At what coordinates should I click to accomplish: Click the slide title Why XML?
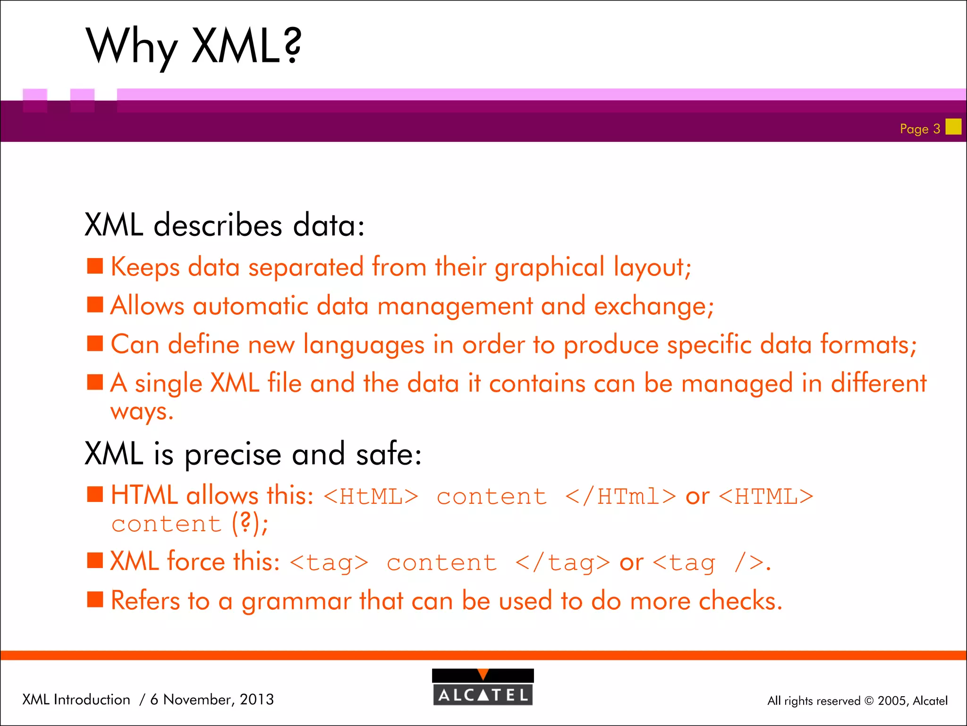pos(194,46)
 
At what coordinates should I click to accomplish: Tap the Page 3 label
pos(920,129)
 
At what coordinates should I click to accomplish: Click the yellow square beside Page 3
pos(953,127)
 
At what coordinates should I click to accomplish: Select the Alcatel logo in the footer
pos(483,687)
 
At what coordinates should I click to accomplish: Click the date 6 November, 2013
pos(212,699)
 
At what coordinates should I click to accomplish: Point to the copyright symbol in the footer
pos(869,701)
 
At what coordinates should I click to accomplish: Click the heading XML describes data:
pos(225,225)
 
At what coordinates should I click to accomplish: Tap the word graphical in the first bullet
pos(549,268)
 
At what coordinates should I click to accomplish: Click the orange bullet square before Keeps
pos(95,266)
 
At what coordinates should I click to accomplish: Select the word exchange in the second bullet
pos(653,306)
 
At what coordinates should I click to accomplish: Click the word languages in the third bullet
pos(364,345)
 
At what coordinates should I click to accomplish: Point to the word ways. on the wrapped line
pos(142,412)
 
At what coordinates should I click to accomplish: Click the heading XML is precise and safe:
pos(253,454)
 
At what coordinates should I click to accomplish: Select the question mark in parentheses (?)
pos(245,523)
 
